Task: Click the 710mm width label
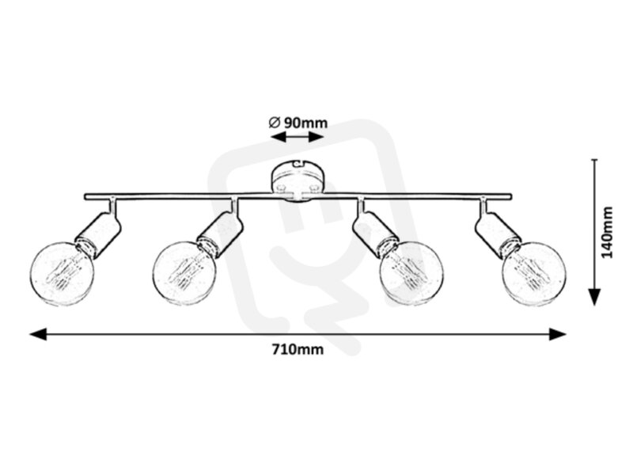[x=298, y=349]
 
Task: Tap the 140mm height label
[x=607, y=232]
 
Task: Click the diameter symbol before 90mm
[x=275, y=122]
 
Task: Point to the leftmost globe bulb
[x=63, y=273]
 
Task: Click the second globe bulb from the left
[x=185, y=274]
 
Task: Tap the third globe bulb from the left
[x=411, y=274]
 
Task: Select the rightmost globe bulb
[x=533, y=274]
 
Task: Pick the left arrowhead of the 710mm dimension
[x=38, y=334]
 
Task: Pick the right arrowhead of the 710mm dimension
[x=558, y=334]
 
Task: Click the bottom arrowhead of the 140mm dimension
[x=594, y=297]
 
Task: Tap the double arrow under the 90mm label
[x=298, y=137]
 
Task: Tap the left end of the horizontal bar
[x=85, y=196]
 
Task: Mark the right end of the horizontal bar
[x=510, y=196]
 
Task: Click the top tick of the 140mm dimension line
[x=594, y=160]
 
